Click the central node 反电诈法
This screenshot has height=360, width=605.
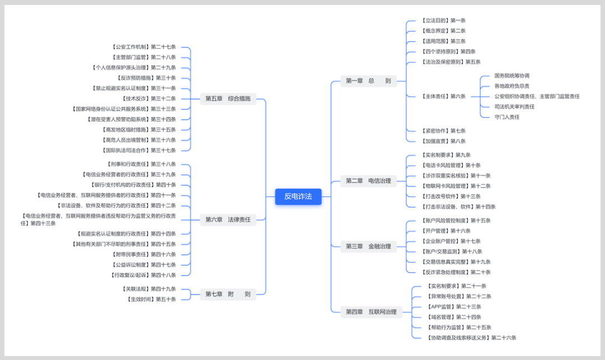298,197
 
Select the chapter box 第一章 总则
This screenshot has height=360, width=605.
368,81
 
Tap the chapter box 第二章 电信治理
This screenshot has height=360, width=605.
368,180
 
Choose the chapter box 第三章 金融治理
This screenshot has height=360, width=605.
368,246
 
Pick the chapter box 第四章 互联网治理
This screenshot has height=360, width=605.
371,312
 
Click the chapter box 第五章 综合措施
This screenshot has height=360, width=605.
227,99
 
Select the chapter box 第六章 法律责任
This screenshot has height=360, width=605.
227,219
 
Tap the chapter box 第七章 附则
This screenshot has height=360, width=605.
227,294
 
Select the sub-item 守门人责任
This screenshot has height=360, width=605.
507,117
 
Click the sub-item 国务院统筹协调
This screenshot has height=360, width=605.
511,76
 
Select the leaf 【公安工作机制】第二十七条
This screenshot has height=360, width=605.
143,47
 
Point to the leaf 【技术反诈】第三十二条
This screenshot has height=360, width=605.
148,99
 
